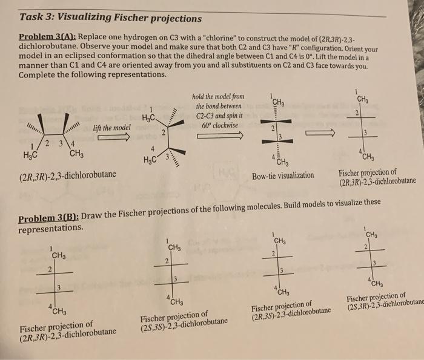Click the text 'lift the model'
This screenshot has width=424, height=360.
click(111, 128)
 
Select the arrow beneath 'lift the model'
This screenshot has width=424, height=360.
click(111, 138)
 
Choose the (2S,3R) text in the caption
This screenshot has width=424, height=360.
click(360, 306)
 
